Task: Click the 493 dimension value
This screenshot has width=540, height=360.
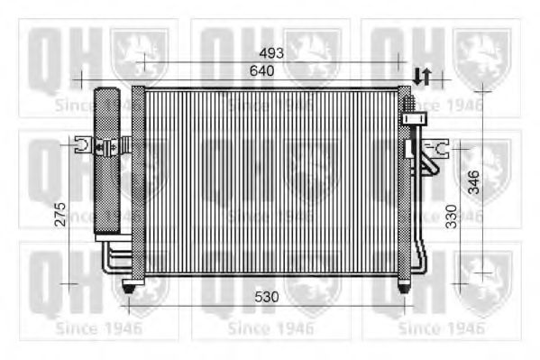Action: [x=271, y=53]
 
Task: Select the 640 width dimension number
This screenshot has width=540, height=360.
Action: [x=262, y=70]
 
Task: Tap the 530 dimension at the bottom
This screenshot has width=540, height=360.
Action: [x=267, y=297]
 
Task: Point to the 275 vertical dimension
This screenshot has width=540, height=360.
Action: [x=60, y=215]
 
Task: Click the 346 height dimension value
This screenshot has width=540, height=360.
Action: [x=474, y=182]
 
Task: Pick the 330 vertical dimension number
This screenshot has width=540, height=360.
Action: [x=451, y=217]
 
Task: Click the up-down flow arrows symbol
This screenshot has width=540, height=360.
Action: [x=422, y=77]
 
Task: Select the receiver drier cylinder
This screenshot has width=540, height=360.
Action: [x=107, y=160]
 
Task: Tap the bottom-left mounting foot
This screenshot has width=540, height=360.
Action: [x=129, y=286]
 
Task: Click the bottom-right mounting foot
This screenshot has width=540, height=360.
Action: [x=404, y=285]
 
